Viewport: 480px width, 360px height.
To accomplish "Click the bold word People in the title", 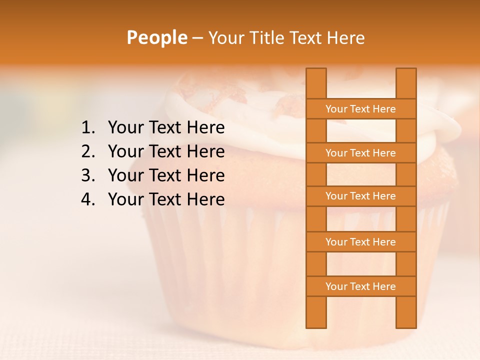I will pyautogui.click(x=156, y=37).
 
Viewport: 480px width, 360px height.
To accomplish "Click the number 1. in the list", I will pyautogui.click(x=88, y=128).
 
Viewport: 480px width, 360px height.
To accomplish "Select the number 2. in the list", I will pyautogui.click(x=88, y=151).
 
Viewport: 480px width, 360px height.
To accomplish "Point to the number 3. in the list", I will pyautogui.click(x=88, y=175).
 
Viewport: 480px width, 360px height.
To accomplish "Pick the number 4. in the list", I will pyautogui.click(x=88, y=199).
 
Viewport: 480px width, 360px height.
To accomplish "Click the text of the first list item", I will pyautogui.click(x=166, y=128).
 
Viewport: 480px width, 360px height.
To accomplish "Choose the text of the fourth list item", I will pyautogui.click(x=166, y=199).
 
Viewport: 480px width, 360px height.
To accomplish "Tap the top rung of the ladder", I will pyautogui.click(x=360, y=109).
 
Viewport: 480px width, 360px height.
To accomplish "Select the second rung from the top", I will pyautogui.click(x=360, y=153).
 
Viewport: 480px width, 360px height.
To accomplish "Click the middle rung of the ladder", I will pyautogui.click(x=360, y=196).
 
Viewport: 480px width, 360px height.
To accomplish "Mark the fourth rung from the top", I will pyautogui.click(x=360, y=242).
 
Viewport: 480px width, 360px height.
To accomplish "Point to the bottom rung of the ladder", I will pyautogui.click(x=360, y=286).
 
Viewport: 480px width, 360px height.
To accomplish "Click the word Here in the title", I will pyautogui.click(x=346, y=37).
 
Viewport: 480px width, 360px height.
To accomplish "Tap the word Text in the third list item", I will pyautogui.click(x=165, y=175).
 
